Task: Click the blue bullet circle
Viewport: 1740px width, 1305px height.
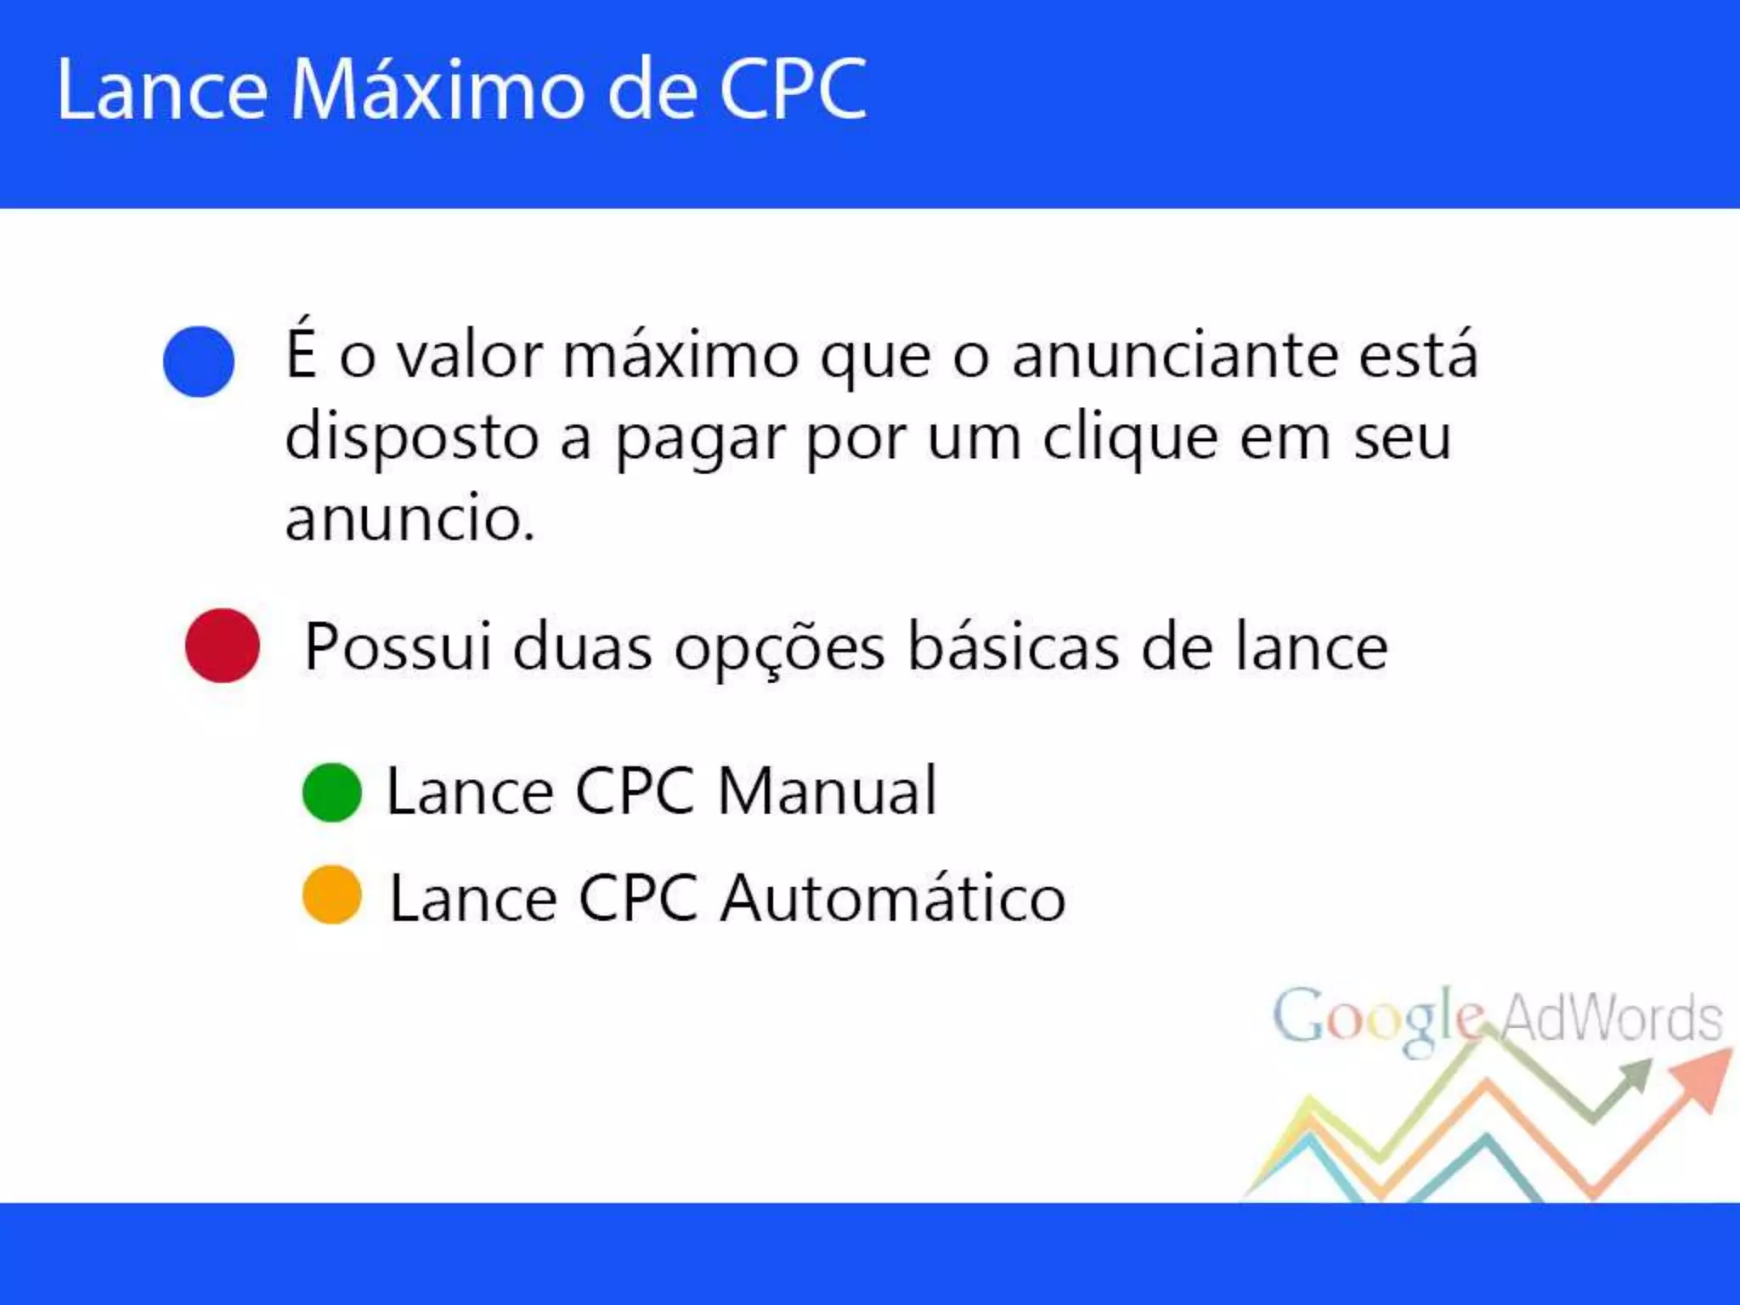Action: pos(199,361)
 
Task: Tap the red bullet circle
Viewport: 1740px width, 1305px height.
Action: pos(223,646)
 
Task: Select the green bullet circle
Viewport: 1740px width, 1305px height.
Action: pos(332,792)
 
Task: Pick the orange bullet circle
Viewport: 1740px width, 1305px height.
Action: pos(332,895)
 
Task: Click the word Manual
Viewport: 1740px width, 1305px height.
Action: pos(827,791)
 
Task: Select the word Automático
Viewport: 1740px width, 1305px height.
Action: pos(893,898)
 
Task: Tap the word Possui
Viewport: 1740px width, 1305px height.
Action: pos(398,647)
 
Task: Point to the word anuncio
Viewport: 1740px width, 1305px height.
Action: pos(410,518)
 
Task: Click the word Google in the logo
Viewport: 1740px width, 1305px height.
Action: pos(1376,1020)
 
